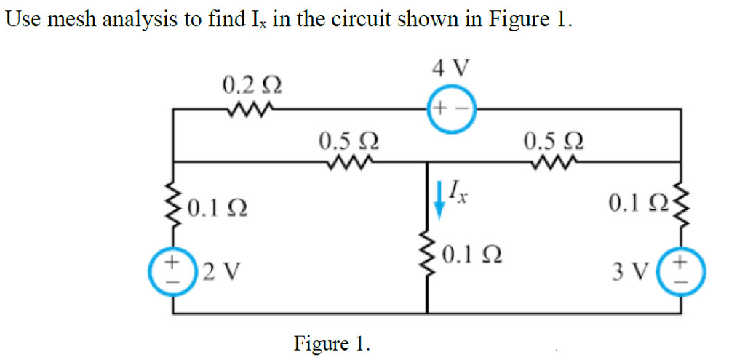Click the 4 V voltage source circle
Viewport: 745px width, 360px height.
451,110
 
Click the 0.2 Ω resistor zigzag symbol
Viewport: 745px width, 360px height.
249,111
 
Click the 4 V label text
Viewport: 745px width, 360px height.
451,69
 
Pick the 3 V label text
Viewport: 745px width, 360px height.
626,273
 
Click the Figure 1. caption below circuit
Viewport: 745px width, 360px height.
331,342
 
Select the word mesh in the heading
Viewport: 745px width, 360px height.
73,19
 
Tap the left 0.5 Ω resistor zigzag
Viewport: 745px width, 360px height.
348,161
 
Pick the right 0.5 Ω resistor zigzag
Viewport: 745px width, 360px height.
554,161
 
